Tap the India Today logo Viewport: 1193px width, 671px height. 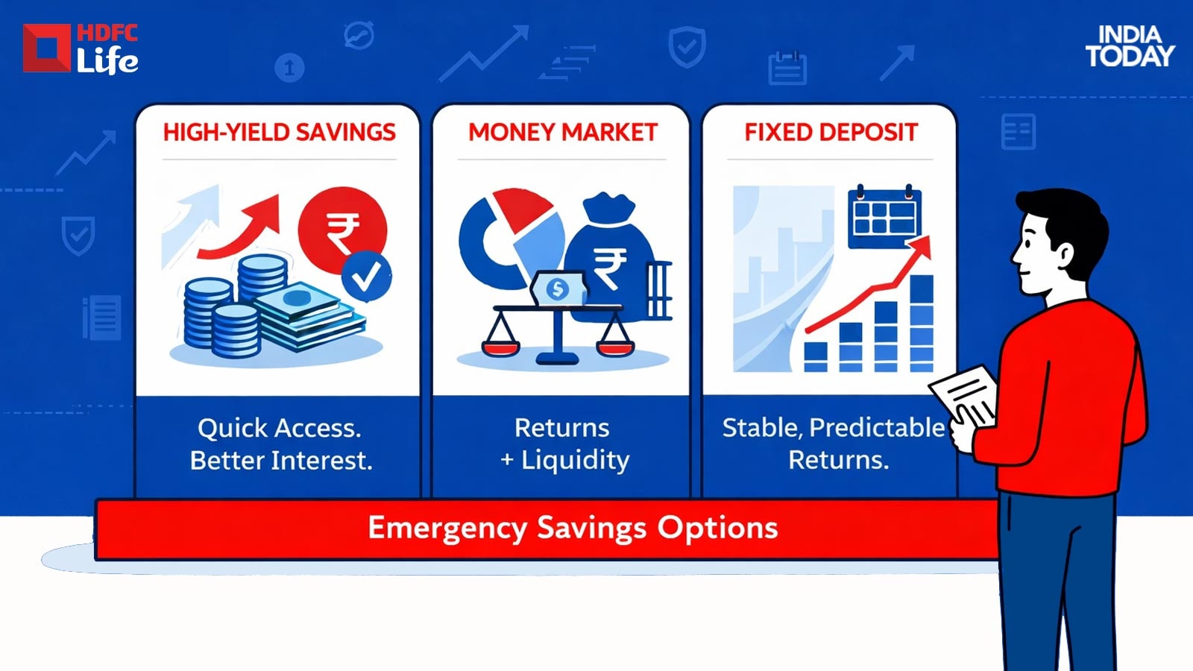(x=1130, y=47)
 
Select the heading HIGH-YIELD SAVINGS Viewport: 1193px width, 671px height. (x=279, y=132)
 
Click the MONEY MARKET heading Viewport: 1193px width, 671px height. (x=562, y=132)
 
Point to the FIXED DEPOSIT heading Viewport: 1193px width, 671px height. (x=831, y=132)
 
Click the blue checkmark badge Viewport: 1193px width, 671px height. (x=366, y=276)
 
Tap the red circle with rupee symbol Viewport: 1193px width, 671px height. (x=342, y=230)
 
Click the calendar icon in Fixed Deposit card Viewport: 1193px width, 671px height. (x=884, y=217)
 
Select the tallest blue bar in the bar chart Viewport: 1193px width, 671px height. (x=922, y=324)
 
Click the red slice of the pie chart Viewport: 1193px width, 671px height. (x=523, y=210)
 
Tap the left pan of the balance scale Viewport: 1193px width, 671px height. (x=500, y=348)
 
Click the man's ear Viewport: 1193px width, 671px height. (x=1064, y=256)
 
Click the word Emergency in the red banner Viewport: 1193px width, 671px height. (x=447, y=529)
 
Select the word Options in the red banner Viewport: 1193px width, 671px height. (x=717, y=529)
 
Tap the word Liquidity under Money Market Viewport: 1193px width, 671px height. (x=575, y=461)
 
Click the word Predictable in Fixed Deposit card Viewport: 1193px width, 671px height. (x=877, y=428)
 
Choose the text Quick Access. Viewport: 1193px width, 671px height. (x=280, y=428)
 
